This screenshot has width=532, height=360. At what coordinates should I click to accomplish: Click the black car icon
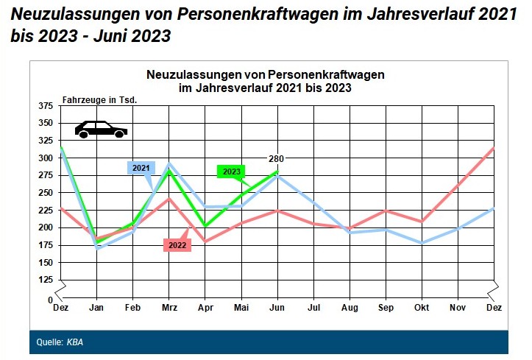pos(101,130)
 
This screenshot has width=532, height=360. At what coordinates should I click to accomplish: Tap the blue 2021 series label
pos(141,168)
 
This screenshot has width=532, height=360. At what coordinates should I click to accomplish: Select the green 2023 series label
pos(231,172)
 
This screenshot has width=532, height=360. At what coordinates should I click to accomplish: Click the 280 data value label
pos(276,158)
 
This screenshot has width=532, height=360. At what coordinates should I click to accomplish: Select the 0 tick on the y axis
pos(51,300)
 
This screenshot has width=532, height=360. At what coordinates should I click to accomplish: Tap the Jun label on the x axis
pos(277,307)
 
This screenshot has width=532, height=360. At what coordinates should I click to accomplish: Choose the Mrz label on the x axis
pos(169,307)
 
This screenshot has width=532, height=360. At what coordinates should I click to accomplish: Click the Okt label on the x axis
pos(422,307)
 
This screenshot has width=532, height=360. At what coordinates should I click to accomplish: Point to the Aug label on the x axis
pos(350,307)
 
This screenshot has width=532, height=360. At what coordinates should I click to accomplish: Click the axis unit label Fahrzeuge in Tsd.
pos(100,99)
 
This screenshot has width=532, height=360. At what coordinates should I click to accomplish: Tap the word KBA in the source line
pos(75,342)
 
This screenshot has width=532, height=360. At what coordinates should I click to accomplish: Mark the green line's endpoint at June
pos(277,172)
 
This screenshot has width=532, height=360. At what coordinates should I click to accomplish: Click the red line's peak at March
pos(169,197)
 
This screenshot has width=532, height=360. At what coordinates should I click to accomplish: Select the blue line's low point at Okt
pos(422,243)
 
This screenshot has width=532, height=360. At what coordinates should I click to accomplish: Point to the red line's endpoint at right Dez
pos(493,148)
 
